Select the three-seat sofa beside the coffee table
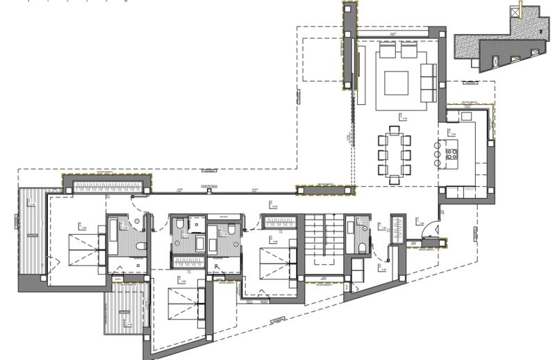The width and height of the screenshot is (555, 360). (427, 77)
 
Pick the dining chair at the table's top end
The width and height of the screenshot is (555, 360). (394, 129)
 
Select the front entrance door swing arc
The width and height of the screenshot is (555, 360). (429, 230)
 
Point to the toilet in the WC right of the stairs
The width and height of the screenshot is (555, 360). (363, 248)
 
